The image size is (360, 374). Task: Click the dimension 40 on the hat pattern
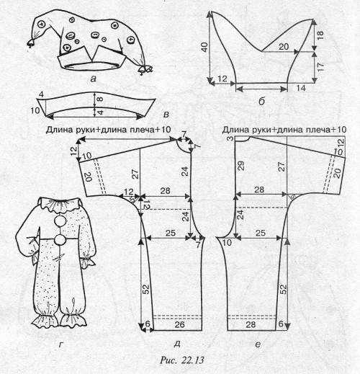tap(204, 48)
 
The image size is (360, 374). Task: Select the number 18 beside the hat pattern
tap(320, 35)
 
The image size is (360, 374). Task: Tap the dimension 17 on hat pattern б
tap(320, 66)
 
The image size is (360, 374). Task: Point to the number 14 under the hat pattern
tap(301, 88)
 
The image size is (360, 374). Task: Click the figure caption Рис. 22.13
tap(182, 360)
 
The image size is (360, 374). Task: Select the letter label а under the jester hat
tap(93, 79)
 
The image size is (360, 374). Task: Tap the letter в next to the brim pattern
tap(166, 115)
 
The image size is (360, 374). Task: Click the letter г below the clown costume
tap(61, 345)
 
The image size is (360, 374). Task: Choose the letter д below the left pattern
tap(177, 344)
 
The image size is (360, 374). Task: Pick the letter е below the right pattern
tap(258, 345)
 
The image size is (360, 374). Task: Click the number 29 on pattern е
tap(241, 166)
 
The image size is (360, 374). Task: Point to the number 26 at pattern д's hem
tap(179, 324)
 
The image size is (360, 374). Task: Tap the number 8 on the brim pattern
tap(100, 99)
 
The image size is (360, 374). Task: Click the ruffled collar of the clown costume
tap(60, 204)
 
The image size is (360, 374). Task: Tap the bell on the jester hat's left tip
tap(32, 43)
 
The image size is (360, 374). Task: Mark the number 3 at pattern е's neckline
tap(230, 138)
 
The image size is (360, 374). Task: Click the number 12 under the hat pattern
tap(222, 79)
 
